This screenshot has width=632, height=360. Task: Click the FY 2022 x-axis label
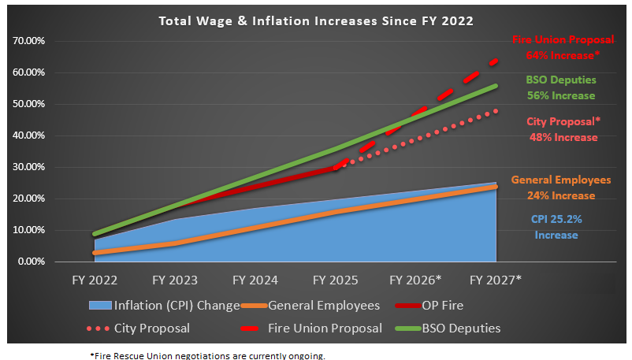pyautogui.click(x=94, y=280)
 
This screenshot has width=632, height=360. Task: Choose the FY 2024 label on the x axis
pyautogui.click(x=255, y=280)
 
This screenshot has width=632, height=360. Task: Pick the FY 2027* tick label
pyautogui.click(x=496, y=280)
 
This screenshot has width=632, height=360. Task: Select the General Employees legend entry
pyautogui.click(x=324, y=306)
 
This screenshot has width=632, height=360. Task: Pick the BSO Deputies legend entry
pyautogui.click(x=465, y=328)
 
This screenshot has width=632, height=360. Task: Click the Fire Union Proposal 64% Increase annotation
pyautogui.click(x=563, y=48)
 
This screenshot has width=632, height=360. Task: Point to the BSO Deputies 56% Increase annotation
pyautogui.click(x=561, y=87)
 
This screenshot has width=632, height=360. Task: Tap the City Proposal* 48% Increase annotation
pyautogui.click(x=563, y=129)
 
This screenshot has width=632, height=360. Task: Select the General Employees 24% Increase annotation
pyautogui.click(x=561, y=187)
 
